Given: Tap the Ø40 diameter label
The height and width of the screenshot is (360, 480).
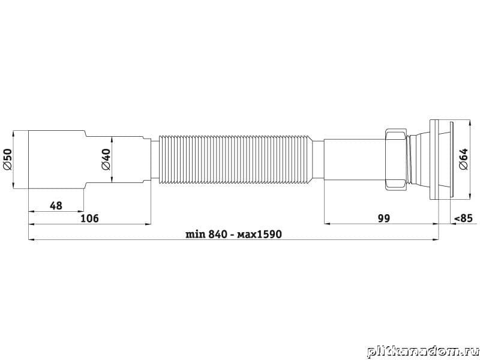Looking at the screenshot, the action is coord(106,160).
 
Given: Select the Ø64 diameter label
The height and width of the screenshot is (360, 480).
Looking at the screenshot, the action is coord(463,159).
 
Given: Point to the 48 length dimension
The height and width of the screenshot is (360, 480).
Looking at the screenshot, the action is coord(56,206).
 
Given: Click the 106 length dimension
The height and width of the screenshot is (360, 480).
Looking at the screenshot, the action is coord(89,218).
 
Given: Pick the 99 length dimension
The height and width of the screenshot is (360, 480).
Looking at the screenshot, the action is coord(384,218).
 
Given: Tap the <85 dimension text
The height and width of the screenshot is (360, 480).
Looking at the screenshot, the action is coord(463,218).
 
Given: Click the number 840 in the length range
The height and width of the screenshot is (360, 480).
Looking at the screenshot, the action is coord(218,234).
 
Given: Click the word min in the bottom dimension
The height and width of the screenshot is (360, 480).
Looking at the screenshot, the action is coord(196,234).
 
